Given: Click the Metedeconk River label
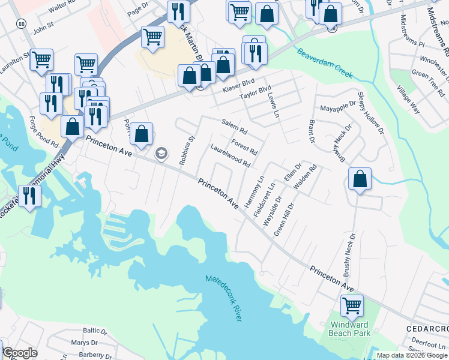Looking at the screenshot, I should [223, 298].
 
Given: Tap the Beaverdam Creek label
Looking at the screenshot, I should [324, 64].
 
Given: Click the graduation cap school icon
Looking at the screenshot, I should [160, 154].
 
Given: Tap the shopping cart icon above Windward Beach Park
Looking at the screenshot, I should [352, 305].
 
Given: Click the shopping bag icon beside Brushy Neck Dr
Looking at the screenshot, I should [360, 179].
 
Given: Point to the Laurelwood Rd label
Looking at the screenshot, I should [230, 154].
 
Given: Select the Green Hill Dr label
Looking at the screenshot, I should [284, 219].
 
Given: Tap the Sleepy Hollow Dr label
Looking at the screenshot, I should [370, 112].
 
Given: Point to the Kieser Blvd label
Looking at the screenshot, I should [239, 85].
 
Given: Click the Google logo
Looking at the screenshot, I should [20, 353].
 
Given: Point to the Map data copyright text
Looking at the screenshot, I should [412, 355].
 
